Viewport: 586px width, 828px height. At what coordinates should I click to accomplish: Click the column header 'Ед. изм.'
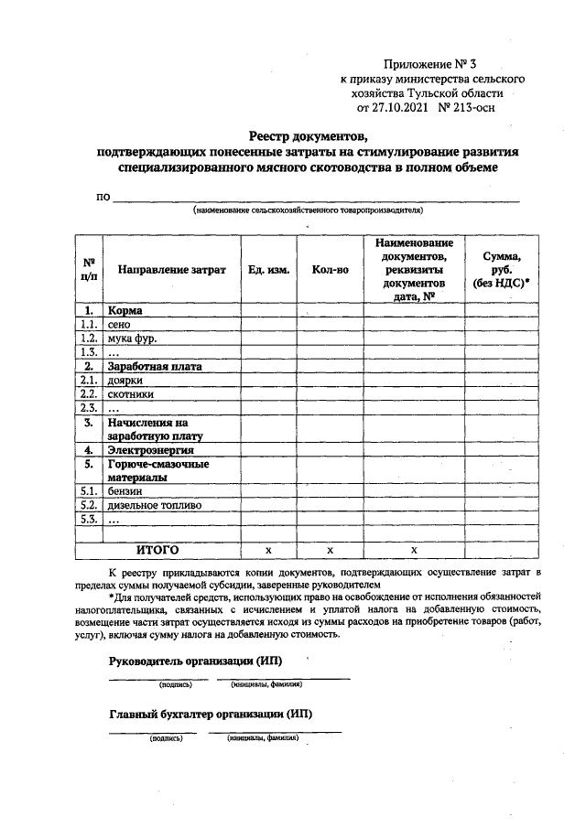(x=268, y=271)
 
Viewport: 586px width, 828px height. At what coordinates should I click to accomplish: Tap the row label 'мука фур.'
(x=132, y=339)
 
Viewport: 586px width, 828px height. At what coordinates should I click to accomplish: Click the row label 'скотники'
(x=130, y=393)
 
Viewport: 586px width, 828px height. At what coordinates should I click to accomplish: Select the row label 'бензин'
(x=126, y=491)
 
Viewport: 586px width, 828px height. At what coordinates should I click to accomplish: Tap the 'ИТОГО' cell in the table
(x=157, y=550)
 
